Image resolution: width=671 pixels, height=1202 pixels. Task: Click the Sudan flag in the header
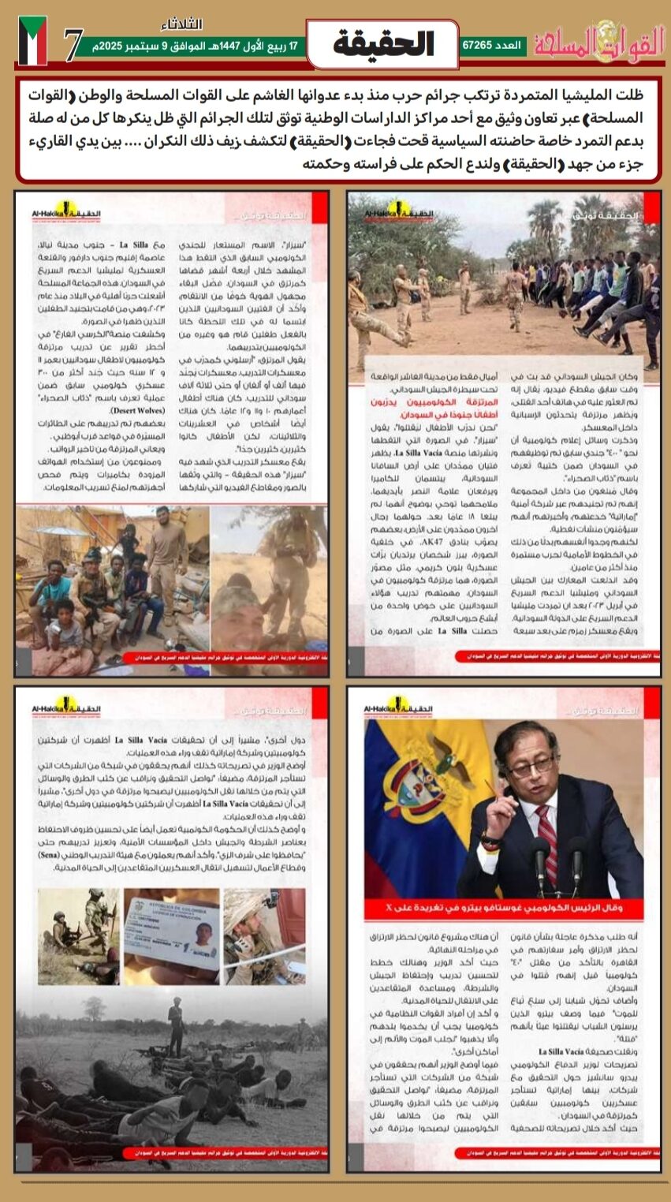(x=32, y=40)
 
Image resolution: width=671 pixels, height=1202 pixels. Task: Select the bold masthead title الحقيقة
(x=383, y=44)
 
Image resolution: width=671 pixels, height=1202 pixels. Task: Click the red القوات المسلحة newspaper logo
(x=600, y=43)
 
